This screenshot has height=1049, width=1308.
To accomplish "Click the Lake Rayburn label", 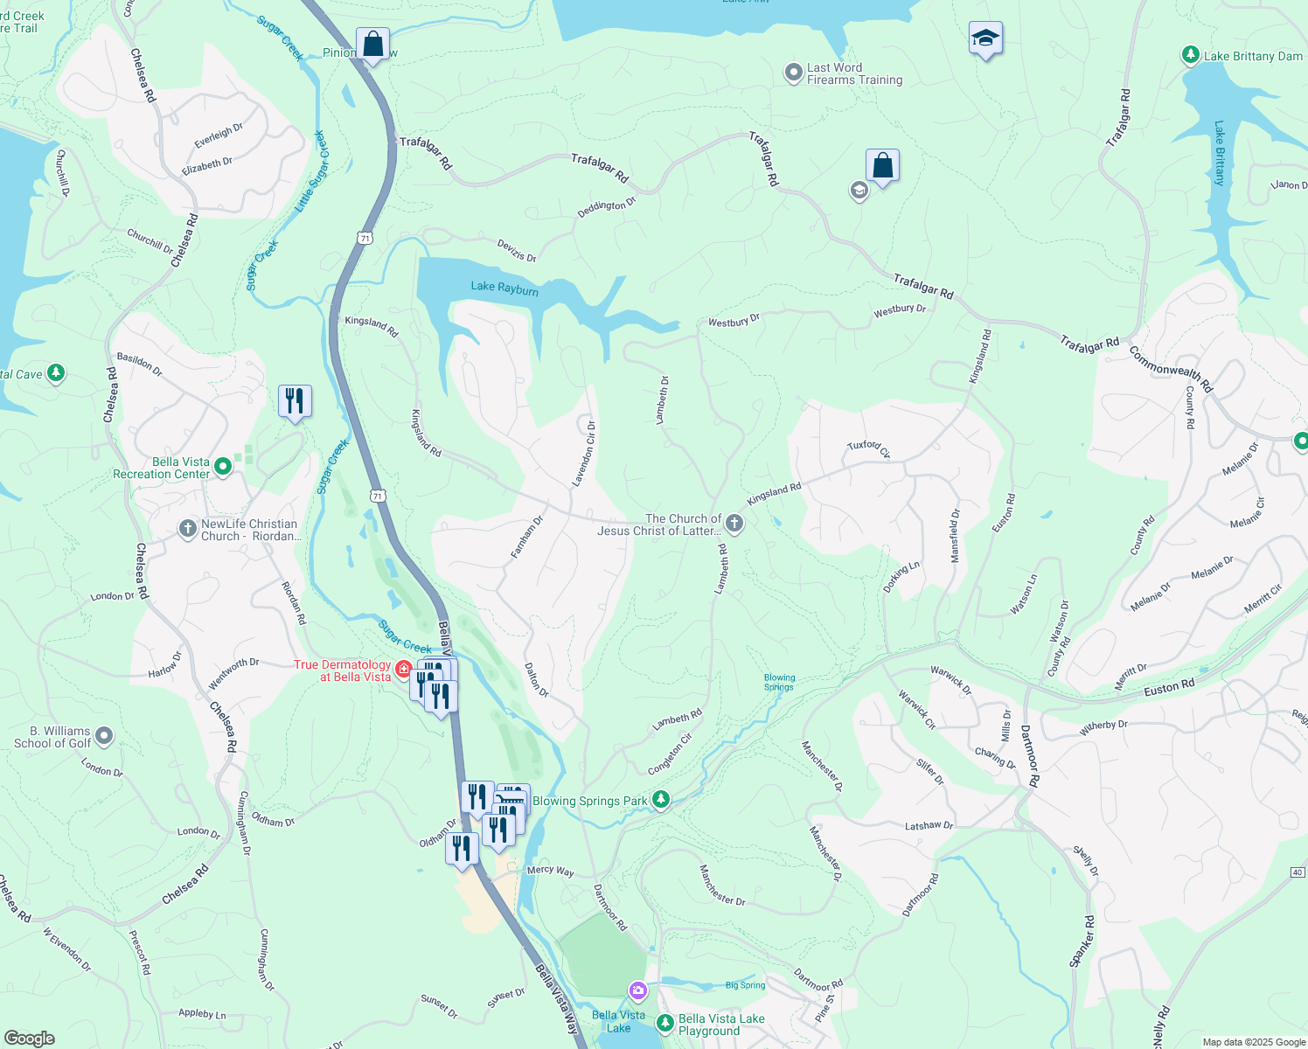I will [x=504, y=288].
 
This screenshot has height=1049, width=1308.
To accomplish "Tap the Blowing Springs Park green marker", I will [x=661, y=800].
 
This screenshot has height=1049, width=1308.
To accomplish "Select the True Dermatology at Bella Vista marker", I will [x=403, y=670].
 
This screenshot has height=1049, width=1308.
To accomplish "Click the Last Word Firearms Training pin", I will [x=793, y=73].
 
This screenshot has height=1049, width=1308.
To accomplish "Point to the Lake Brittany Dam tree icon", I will [x=1190, y=55].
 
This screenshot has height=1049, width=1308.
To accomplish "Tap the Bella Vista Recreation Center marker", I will [x=223, y=467].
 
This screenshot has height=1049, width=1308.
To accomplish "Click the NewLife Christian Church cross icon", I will [x=187, y=528].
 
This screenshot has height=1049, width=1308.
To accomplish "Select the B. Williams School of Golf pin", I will [x=104, y=736].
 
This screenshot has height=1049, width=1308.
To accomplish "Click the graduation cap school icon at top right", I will [x=985, y=39].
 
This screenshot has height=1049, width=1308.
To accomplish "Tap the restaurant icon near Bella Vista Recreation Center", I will [x=295, y=401].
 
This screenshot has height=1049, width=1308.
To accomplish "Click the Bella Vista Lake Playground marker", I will [x=665, y=1023].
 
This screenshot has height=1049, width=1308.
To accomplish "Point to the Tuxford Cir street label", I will [x=868, y=448].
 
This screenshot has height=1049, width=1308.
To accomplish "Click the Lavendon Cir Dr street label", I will [x=584, y=453].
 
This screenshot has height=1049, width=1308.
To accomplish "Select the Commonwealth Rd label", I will [x=1171, y=369].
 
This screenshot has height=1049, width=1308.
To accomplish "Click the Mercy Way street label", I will [x=550, y=871].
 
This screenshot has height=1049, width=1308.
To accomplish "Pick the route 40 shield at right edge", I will [x=1298, y=872].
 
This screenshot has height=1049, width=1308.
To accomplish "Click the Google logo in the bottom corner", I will [x=29, y=1039].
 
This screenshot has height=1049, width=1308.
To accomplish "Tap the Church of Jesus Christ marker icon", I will [x=734, y=524].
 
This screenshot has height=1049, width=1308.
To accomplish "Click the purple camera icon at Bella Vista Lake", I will [x=638, y=990].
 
